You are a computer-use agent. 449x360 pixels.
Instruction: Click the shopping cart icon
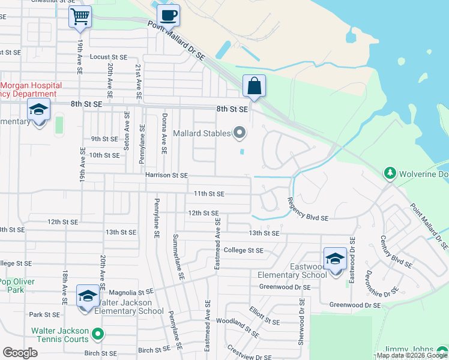(x=80, y=17)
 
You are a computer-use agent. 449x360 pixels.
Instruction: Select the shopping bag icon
(x=254, y=86)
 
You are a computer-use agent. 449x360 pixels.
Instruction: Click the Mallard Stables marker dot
(x=240, y=132)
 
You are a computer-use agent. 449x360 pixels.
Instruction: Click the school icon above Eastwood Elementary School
(x=335, y=259)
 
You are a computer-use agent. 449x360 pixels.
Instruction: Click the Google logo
(x=20, y=353)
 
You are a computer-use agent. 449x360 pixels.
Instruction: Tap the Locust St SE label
(x=109, y=57)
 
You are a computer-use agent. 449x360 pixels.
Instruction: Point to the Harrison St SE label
(x=166, y=175)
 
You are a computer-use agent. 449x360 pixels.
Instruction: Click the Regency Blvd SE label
(x=307, y=210)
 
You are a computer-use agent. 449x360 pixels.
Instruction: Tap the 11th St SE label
(x=208, y=194)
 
